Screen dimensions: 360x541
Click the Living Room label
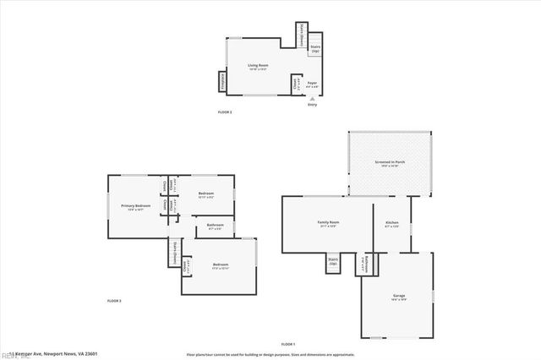258,66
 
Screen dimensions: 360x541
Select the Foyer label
313,84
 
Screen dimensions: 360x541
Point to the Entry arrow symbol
312,98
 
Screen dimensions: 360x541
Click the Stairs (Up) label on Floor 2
315,49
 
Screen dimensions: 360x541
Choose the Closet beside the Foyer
296,85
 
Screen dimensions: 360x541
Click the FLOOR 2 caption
225,112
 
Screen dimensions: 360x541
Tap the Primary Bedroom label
135,206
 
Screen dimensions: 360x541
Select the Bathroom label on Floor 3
215,226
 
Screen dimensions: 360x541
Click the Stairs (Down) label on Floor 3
174,251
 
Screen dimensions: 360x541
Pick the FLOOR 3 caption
114,301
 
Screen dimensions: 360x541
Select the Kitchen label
391,224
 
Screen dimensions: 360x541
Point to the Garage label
398,297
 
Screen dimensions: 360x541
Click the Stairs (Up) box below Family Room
333,262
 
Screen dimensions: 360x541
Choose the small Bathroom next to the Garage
363,264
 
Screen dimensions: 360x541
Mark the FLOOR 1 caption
288,344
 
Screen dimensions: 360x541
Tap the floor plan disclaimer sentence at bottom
284,353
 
